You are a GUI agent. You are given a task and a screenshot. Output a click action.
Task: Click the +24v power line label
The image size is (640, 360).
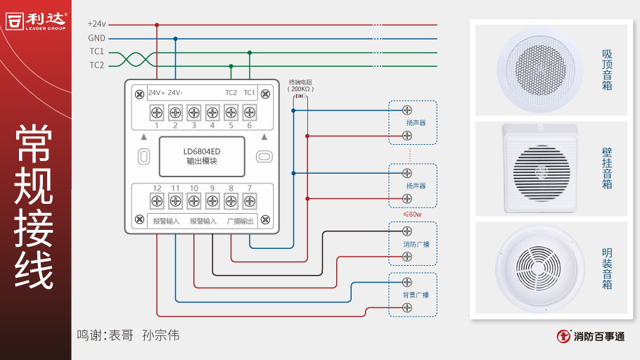[97, 25]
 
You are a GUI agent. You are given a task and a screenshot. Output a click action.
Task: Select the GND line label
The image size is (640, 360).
[97, 38]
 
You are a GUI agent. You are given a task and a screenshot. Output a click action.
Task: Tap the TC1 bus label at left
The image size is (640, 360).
[96, 52]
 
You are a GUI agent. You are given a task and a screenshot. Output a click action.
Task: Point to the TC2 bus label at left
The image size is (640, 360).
[96, 65]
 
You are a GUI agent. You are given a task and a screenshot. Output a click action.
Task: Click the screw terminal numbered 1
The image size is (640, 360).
[157, 112]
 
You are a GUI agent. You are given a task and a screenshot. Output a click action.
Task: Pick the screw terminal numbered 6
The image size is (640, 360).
[249, 112]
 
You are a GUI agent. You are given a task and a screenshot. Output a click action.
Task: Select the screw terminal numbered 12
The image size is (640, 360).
[157, 201]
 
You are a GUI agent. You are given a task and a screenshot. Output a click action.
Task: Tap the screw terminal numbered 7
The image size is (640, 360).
[249, 201]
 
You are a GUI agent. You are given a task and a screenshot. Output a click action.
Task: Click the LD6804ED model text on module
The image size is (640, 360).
[202, 150]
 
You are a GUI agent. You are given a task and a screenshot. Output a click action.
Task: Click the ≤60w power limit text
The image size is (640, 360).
[412, 214]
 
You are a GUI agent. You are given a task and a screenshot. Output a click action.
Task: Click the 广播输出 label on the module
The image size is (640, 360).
[240, 221]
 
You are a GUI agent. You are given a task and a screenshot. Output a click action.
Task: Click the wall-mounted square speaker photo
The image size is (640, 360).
[540, 169]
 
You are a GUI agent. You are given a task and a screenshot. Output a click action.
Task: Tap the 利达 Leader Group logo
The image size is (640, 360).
[36, 20]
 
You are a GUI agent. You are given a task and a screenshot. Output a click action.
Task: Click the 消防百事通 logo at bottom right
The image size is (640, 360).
[590, 336]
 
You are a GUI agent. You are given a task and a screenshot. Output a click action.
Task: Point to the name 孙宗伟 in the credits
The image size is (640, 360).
[160, 335]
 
